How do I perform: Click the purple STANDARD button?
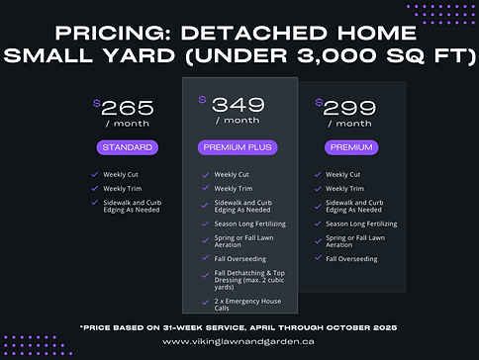click(x=127, y=147)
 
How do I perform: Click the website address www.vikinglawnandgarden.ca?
click(x=239, y=341)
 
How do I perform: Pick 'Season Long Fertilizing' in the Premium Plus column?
click(x=249, y=224)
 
